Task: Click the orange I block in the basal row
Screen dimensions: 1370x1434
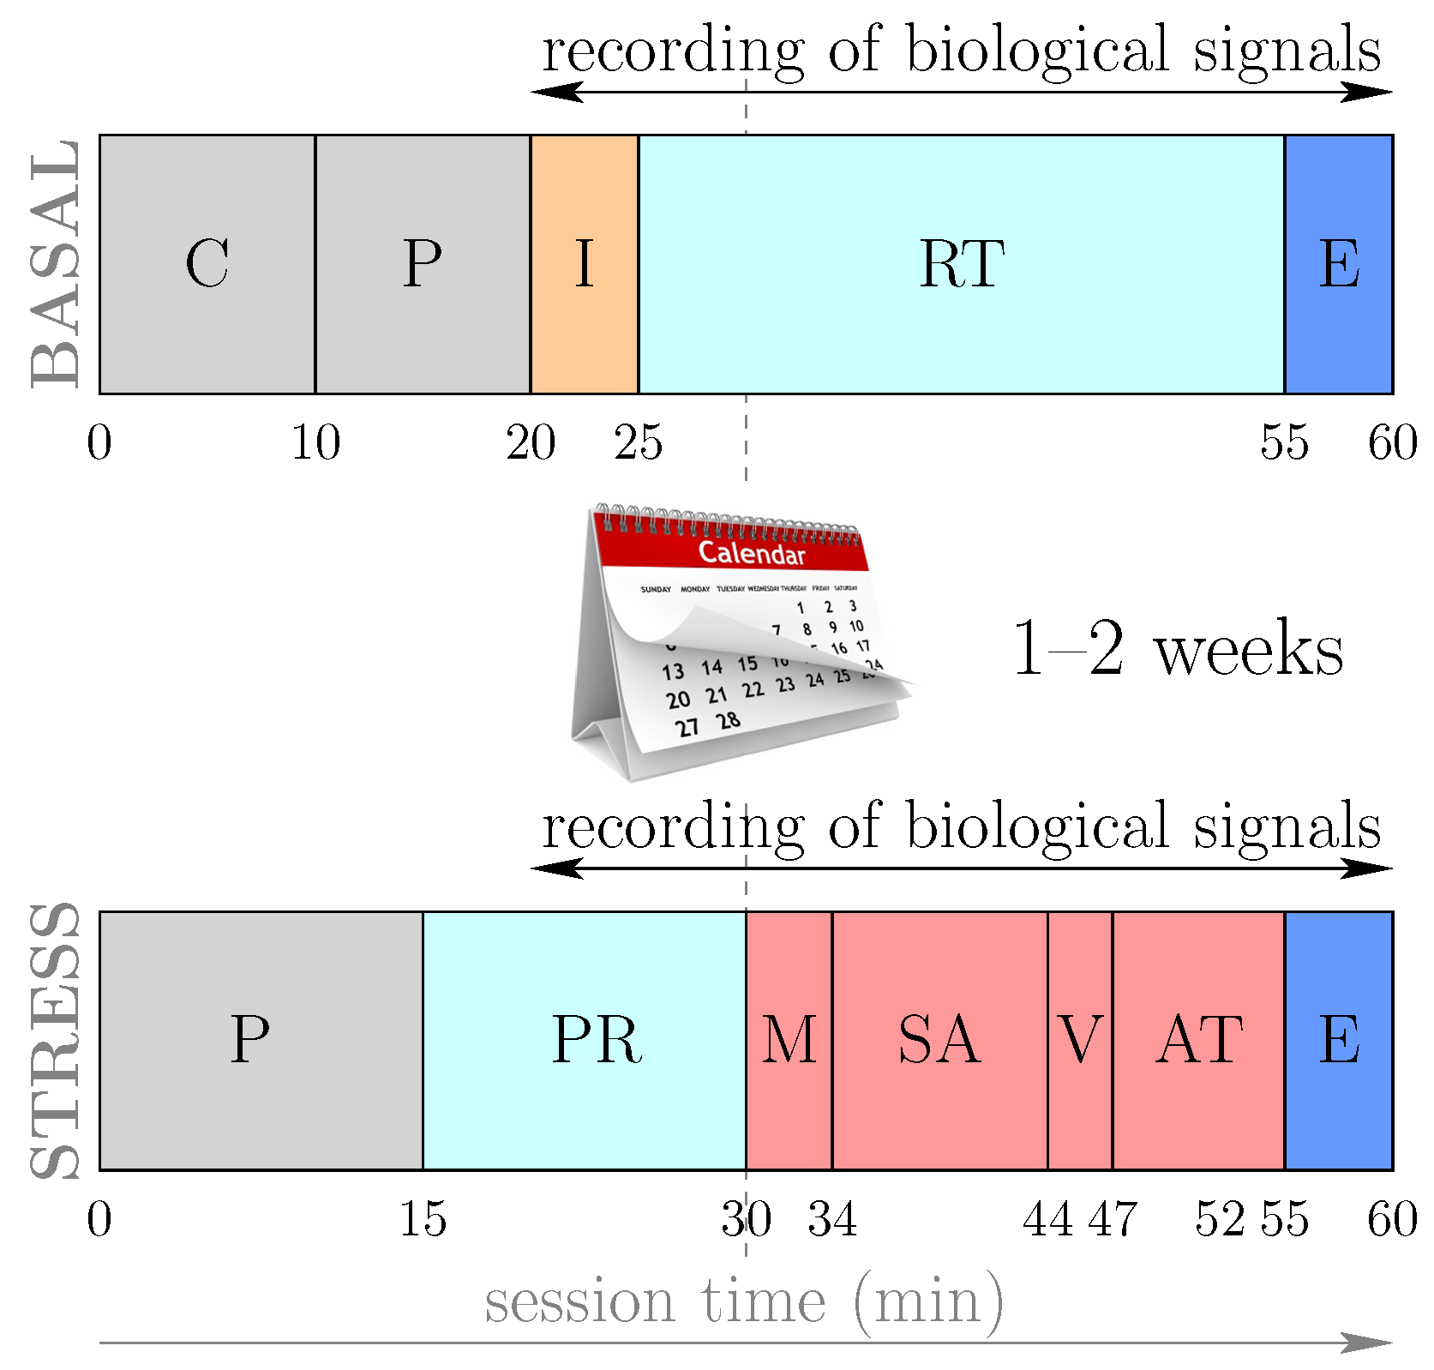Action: (x=585, y=264)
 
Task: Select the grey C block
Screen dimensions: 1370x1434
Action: (x=207, y=264)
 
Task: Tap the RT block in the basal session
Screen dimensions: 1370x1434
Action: (x=961, y=264)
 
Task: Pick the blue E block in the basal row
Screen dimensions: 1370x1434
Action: (x=1339, y=264)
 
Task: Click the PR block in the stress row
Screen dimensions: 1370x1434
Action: (x=585, y=1040)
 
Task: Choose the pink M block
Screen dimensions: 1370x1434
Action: (x=789, y=1040)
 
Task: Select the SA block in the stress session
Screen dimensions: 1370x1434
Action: (x=939, y=1040)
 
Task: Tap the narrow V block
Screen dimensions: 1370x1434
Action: (x=1080, y=1040)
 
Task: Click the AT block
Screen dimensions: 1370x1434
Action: (x=1198, y=1040)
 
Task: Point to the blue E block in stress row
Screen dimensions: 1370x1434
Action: (x=1339, y=1040)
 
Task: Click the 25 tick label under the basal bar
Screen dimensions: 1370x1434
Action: (x=639, y=443)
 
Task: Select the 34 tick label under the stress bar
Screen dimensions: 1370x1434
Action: (x=832, y=1219)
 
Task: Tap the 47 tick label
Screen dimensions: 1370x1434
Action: (x=1113, y=1219)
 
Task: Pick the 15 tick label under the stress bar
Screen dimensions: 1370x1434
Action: (x=423, y=1219)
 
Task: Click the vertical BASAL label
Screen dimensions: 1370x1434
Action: (x=55, y=264)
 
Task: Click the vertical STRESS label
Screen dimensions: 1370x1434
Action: (x=55, y=1040)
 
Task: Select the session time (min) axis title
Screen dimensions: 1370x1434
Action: (x=744, y=1301)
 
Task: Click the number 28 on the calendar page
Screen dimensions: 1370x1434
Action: (x=729, y=720)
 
